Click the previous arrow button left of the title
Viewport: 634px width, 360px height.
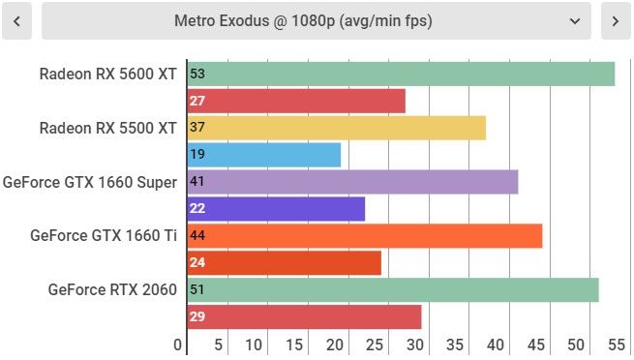coord(16,21)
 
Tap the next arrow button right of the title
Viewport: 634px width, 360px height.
coord(616,21)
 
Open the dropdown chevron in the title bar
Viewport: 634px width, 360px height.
coord(575,21)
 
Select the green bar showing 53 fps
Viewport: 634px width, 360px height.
coord(401,74)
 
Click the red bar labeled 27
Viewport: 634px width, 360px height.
coord(296,101)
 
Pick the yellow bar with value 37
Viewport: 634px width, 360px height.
coord(337,128)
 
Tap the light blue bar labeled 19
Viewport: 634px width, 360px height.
coord(264,155)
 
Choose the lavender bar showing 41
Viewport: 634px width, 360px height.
coord(353,182)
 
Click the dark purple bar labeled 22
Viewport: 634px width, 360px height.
coord(276,209)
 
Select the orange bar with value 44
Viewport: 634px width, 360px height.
coord(365,236)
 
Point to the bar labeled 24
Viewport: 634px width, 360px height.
coord(285,262)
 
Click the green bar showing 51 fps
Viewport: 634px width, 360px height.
coord(393,289)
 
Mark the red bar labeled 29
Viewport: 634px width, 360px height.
coord(305,316)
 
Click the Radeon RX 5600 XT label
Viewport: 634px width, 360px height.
coord(108,74)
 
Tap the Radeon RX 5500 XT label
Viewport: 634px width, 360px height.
coord(108,128)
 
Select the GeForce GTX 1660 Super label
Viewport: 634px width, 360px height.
coord(90,182)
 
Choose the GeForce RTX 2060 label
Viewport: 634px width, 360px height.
coord(112,289)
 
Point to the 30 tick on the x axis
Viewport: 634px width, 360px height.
coord(415,345)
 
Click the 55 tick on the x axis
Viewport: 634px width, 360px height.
coord(617,345)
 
